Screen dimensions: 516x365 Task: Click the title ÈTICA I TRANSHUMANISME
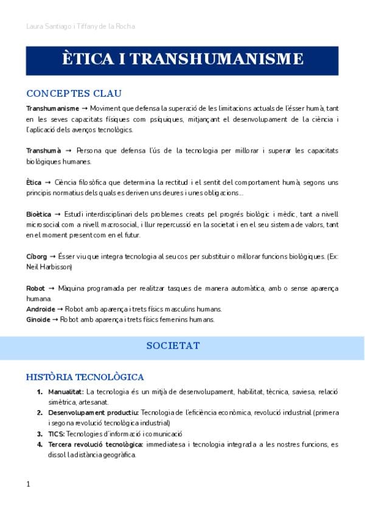(x=182, y=59)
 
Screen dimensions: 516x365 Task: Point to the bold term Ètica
(x=34, y=182)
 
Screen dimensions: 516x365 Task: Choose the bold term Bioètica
(x=38, y=214)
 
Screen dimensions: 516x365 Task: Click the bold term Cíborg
(x=36, y=257)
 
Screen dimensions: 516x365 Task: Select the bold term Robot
(x=35, y=288)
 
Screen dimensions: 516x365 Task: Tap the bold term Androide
(x=40, y=309)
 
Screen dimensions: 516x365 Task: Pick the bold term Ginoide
(x=38, y=319)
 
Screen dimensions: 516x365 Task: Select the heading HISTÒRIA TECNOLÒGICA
(x=85, y=377)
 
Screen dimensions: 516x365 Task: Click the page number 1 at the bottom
(x=28, y=484)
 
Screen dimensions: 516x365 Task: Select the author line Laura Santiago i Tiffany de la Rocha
(x=81, y=26)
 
